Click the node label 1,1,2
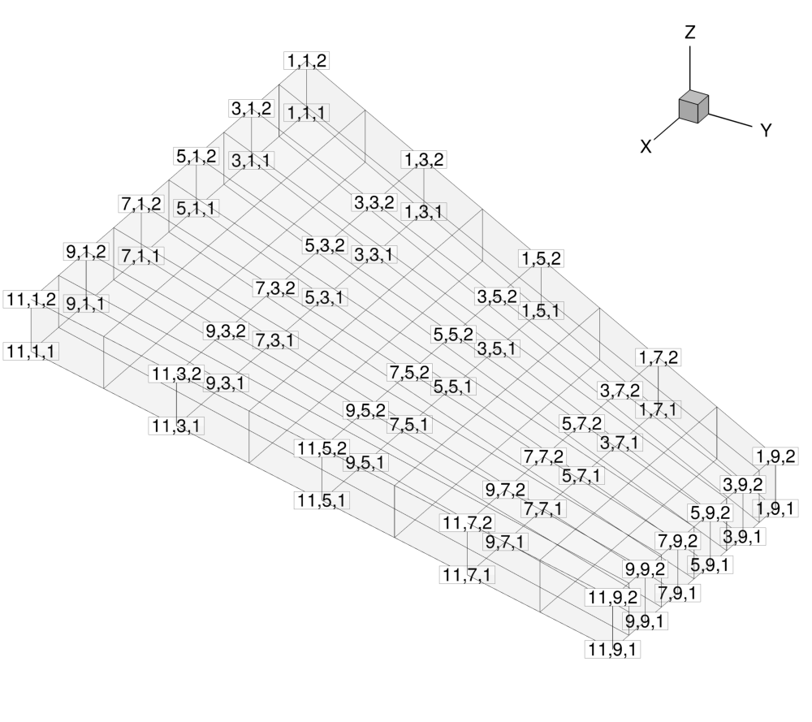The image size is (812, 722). [x=307, y=61]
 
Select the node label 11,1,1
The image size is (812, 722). [x=31, y=352]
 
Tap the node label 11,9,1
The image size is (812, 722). [x=612, y=649]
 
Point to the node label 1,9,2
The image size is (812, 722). [x=775, y=456]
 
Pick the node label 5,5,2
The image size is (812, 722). [x=453, y=335]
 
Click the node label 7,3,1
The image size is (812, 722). [x=275, y=340]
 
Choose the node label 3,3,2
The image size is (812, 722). [x=374, y=202]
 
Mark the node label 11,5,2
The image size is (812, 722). [x=322, y=448]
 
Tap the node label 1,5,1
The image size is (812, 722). [x=541, y=311]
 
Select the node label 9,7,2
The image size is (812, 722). [x=505, y=490]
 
